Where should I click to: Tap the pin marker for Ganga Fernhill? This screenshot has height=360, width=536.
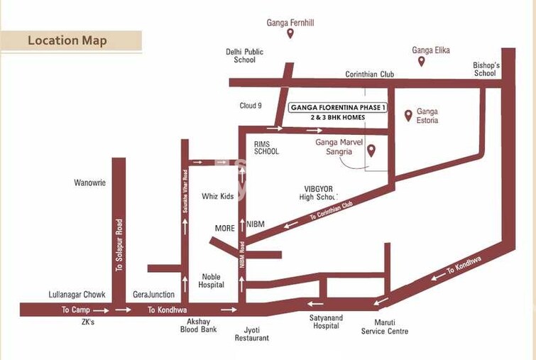point(290,33)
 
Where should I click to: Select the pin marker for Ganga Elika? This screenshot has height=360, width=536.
point(421,61)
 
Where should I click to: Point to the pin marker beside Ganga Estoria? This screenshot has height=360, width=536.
point(408,115)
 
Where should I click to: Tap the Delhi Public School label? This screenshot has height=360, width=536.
point(244,55)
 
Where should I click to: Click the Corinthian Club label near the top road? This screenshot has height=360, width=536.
point(369,74)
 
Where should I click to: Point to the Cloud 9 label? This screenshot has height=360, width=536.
point(251,106)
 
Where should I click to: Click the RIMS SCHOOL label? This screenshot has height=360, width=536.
point(266,147)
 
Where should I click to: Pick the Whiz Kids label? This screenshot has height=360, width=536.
point(218,196)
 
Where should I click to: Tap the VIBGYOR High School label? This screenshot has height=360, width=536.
point(316,192)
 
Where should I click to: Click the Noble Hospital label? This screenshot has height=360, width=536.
point(212,280)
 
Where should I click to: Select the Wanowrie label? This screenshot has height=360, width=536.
point(89,182)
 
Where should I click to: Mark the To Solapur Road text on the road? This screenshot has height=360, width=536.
point(119,244)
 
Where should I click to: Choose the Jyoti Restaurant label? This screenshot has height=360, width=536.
point(252,334)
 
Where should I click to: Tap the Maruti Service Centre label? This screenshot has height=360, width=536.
point(385,327)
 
